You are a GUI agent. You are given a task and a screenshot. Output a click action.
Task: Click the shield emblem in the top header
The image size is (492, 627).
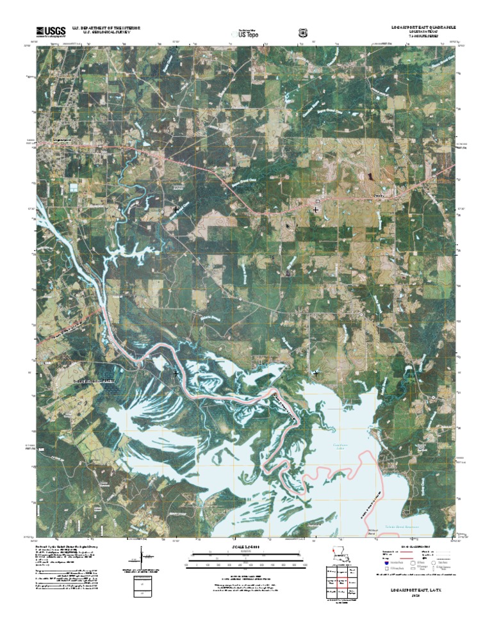(x=302, y=33)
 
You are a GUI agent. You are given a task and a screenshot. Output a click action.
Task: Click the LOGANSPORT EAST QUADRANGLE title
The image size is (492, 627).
(x=423, y=28)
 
